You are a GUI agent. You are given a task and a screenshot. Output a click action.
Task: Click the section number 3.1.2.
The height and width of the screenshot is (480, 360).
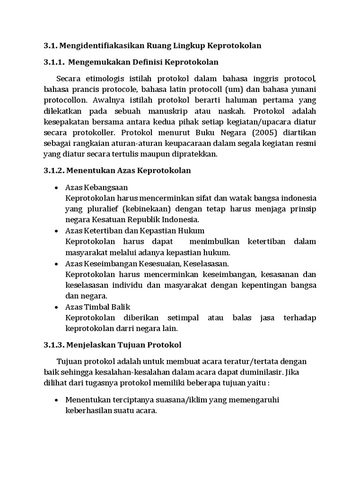[x=54, y=170]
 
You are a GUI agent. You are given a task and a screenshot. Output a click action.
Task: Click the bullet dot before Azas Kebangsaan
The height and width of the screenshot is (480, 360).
[x=57, y=187]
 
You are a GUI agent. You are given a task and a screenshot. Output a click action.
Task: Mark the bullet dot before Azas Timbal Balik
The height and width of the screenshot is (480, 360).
[x=57, y=307]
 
